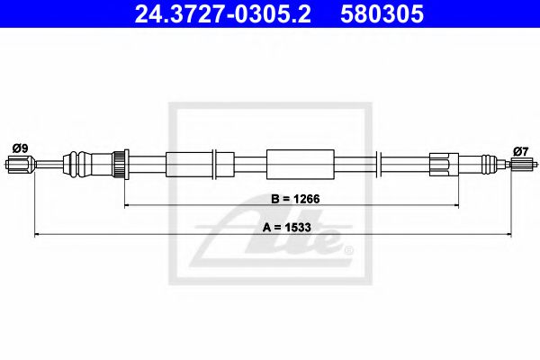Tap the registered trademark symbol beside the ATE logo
348,251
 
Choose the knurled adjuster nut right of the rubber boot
117,164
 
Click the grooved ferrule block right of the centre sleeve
444,164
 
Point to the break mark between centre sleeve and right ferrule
382,164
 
